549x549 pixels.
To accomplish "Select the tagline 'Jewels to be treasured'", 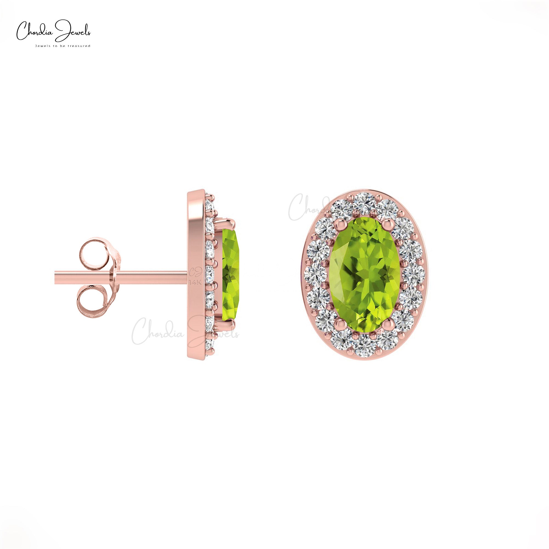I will coord(63,46).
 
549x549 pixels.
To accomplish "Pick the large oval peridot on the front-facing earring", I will coord(365,274).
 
